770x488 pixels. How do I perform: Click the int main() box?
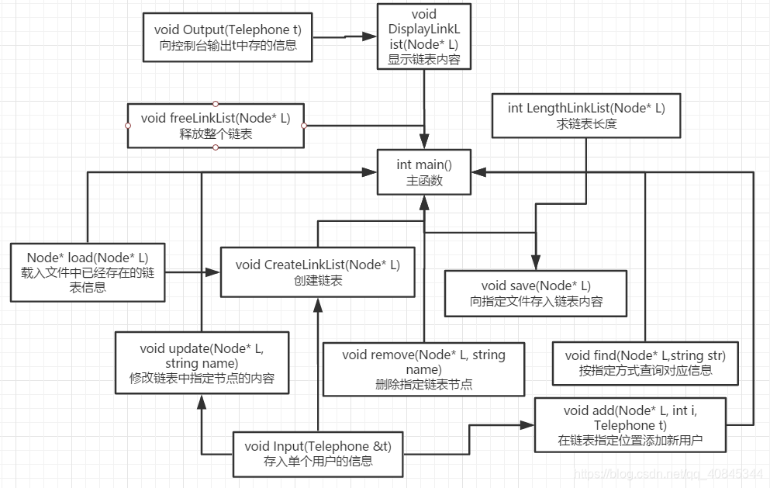click(x=423, y=172)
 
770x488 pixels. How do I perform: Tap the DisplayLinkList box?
click(x=423, y=36)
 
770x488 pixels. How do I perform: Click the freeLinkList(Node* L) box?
click(x=216, y=126)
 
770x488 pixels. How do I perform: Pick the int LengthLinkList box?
click(x=585, y=116)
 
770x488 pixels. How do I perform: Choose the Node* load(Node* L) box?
click(x=88, y=272)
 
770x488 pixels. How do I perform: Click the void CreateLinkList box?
click(x=318, y=272)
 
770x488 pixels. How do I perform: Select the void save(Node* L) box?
click(x=535, y=293)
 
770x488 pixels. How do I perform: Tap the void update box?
click(x=202, y=363)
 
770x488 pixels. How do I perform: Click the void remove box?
click(x=423, y=369)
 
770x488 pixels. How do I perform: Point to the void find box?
click(x=644, y=363)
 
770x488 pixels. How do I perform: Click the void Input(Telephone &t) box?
click(x=318, y=453)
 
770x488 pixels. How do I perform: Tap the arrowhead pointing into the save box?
click(x=535, y=265)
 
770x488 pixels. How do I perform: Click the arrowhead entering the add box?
click(x=529, y=425)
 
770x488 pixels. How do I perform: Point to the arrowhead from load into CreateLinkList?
click(x=215, y=272)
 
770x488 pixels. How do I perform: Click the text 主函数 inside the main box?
click(x=423, y=180)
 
